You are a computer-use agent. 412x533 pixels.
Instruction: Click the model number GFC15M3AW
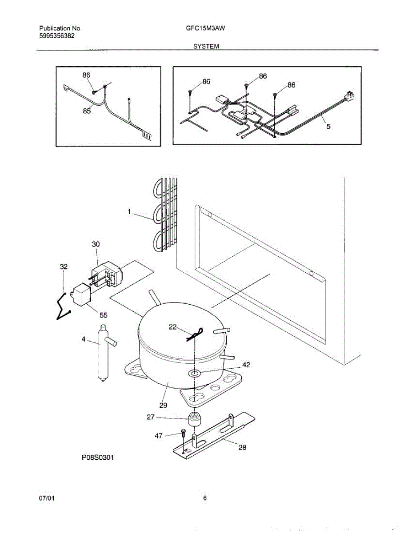coord(205,28)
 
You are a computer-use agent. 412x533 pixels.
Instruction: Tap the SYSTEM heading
coord(206,46)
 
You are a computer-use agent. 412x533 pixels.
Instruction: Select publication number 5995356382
coord(56,36)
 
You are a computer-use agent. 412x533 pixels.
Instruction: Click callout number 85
coord(87,111)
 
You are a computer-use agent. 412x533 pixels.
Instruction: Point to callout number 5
coord(328,126)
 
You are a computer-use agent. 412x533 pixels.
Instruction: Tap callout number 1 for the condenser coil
coord(129,212)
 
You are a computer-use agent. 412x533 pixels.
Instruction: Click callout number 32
coord(64,266)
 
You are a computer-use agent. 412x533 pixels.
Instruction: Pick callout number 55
coord(103,315)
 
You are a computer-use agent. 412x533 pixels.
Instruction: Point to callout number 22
coord(173,327)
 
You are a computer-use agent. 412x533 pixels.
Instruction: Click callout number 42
coord(246,365)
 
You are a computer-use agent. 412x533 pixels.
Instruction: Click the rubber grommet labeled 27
coord(193,419)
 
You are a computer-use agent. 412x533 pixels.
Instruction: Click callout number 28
coord(242,447)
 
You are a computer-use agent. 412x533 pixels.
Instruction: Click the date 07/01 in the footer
coord(47,498)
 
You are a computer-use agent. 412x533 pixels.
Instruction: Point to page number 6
coord(205,498)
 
